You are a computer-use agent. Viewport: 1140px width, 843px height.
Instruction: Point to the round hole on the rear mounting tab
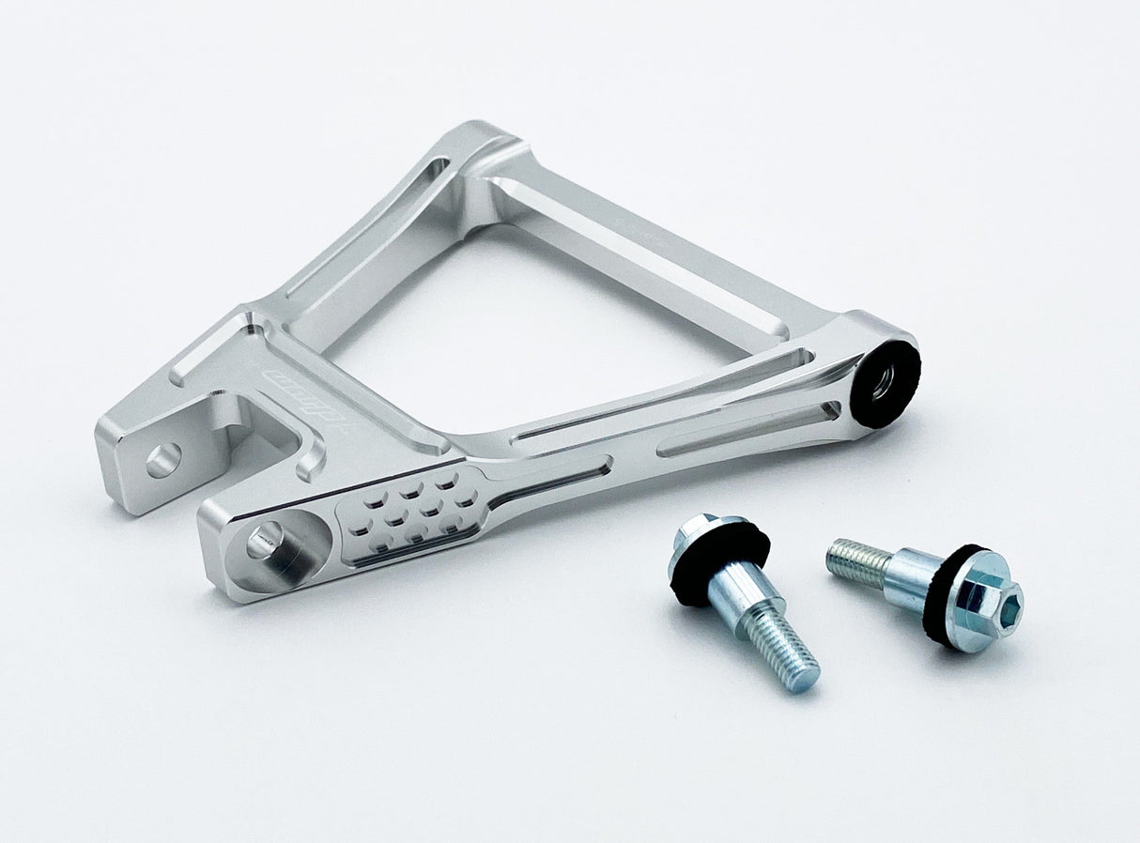[162, 460]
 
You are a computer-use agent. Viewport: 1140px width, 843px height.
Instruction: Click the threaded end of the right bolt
[856, 560]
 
